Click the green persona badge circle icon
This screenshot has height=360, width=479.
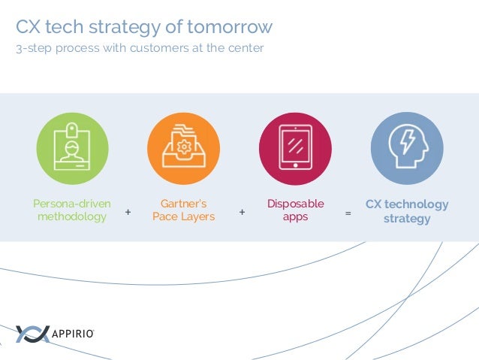pyautogui.click(x=72, y=149)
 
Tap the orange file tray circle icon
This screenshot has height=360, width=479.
pyautogui.click(x=183, y=149)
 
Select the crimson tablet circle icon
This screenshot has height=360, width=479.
pyautogui.click(x=295, y=149)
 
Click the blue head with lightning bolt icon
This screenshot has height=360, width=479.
pyautogui.click(x=407, y=149)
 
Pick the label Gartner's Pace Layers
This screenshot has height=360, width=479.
pyautogui.click(x=183, y=210)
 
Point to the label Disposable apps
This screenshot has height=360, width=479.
pyautogui.click(x=295, y=210)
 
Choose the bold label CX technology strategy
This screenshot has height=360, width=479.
pyautogui.click(x=407, y=211)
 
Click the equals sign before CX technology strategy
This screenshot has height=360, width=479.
pyautogui.click(x=348, y=213)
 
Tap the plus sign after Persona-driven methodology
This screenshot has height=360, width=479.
pyautogui.click(x=128, y=213)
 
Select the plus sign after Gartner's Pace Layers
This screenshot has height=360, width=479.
pyautogui.click(x=242, y=213)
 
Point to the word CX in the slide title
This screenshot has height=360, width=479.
pyautogui.click(x=28, y=28)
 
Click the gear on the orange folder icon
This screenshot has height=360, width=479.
pyautogui.click(x=184, y=144)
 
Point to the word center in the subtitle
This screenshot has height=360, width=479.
pyautogui.click(x=246, y=50)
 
